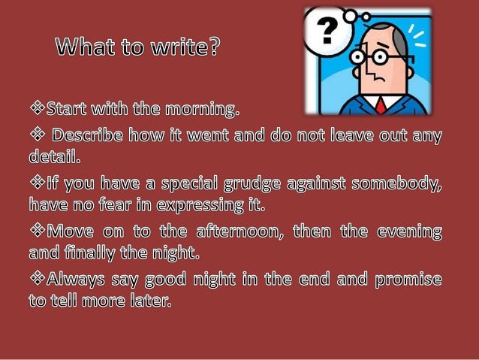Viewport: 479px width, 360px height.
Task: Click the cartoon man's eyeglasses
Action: (375, 56)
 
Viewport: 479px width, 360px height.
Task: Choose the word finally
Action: (97, 251)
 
